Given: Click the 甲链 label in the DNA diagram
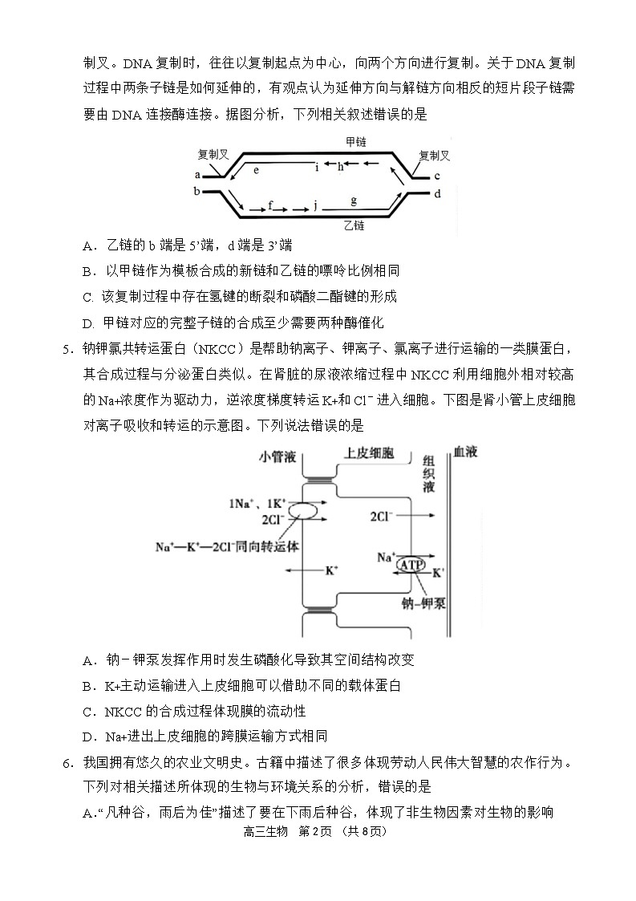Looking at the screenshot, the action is point(355,141).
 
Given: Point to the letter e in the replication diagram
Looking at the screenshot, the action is point(257,170).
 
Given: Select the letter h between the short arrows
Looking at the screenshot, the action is point(340,166).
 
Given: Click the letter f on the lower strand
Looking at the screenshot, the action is point(270,205).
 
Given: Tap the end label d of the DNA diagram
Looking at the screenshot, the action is point(438,193).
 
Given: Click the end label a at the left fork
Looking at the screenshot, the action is point(197,174).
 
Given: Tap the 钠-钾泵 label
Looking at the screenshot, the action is point(424,603).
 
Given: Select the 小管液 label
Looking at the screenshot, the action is point(277,455).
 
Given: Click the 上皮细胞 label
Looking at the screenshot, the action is point(370,453).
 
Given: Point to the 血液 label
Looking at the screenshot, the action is point(465,453).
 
